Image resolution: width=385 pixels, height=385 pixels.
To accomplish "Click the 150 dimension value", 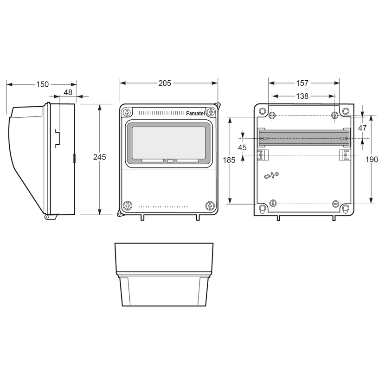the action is [x=43, y=84].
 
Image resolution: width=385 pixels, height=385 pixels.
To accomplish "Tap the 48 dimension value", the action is [x=68, y=92].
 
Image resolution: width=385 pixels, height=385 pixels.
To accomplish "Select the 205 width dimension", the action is [x=165, y=83].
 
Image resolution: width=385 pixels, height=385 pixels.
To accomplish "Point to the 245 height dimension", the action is [x=99, y=157].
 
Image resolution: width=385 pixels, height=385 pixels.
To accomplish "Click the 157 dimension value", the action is [x=302, y=83].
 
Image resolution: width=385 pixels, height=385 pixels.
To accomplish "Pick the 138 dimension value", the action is [x=302, y=96].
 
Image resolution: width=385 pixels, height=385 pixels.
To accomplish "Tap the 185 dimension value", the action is [x=229, y=160].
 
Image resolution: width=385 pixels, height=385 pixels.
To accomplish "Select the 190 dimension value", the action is [x=372, y=160].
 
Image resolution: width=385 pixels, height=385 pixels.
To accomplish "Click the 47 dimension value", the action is [x=362, y=128].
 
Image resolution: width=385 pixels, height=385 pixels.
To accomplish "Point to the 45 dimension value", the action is [x=242, y=148].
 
